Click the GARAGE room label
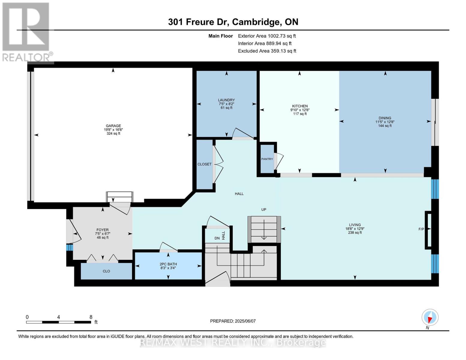[113, 126]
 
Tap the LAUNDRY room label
[226, 100]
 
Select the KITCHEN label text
[300, 106]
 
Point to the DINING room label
[385, 118]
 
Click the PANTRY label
[267, 159]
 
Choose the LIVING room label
[355, 225]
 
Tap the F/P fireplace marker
[421, 229]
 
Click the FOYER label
[102, 230]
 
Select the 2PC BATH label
[168, 264]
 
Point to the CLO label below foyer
[106, 271]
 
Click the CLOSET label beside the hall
[204, 164]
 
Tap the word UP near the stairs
[263, 210]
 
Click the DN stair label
[217, 238]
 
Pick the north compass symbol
[430, 317]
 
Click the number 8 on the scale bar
[91, 317]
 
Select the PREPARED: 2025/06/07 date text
[233, 321]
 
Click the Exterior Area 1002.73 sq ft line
[267, 36]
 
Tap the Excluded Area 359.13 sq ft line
[267, 51]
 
